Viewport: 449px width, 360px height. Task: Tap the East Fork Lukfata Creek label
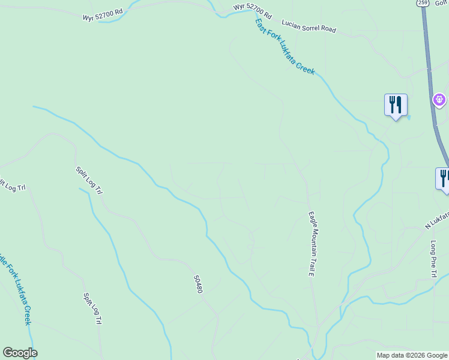click(285, 46)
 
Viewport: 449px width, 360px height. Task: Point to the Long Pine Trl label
click(433, 259)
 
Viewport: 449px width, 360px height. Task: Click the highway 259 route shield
click(423, 4)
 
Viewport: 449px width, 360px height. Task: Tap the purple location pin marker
click(439, 99)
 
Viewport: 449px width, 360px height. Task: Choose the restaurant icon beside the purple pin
click(396, 105)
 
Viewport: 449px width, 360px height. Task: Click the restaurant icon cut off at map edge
click(444, 178)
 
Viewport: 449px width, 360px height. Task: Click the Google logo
click(20, 353)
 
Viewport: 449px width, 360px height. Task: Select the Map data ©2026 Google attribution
click(412, 355)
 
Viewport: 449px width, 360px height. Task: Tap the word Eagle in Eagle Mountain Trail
click(312, 220)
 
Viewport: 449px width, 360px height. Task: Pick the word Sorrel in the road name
click(306, 25)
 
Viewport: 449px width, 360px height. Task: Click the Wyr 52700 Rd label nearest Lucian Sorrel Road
click(253, 11)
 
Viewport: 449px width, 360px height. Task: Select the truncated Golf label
click(444, 3)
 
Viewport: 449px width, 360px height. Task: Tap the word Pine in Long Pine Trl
click(433, 259)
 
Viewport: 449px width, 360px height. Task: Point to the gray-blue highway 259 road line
click(430, 66)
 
